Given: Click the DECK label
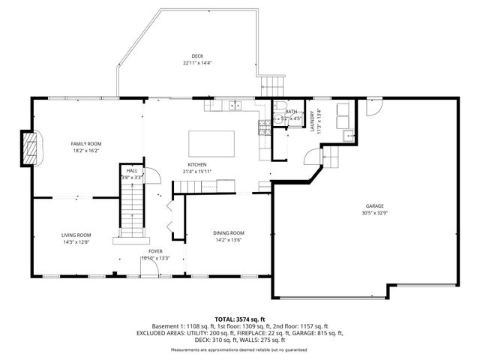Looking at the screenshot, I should (x=197, y=56).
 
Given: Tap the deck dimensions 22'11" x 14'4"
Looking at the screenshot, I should (x=197, y=63).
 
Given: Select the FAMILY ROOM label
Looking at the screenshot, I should (x=86, y=143).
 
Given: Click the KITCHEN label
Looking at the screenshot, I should (x=197, y=165).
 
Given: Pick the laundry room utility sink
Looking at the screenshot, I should (x=348, y=136).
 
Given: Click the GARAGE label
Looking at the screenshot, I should (x=374, y=205).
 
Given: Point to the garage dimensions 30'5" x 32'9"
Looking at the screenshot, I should (x=374, y=212).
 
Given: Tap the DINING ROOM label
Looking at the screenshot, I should (x=229, y=233).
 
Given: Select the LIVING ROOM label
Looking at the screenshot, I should (x=76, y=235).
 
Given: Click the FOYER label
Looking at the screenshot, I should (x=155, y=251).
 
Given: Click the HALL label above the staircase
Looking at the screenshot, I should (x=132, y=171).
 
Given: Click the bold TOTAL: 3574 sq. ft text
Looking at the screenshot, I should (x=239, y=319).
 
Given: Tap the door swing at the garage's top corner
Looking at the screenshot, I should (x=371, y=109).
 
